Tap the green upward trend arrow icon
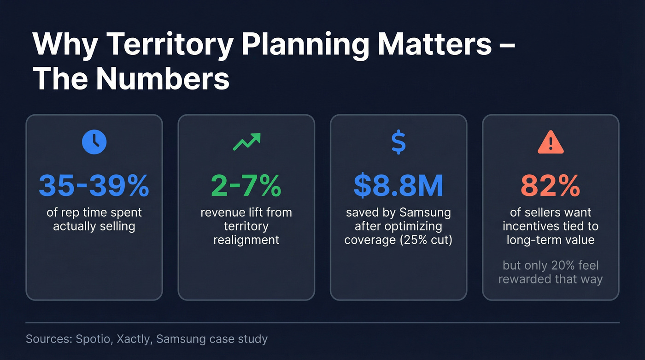tap(246, 142)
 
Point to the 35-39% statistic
tap(94, 185)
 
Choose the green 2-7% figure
tap(246, 185)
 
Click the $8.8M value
tap(399, 185)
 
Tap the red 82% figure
tap(551, 185)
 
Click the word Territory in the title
tap(178, 45)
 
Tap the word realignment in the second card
tap(246, 240)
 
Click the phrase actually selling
tap(94, 226)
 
